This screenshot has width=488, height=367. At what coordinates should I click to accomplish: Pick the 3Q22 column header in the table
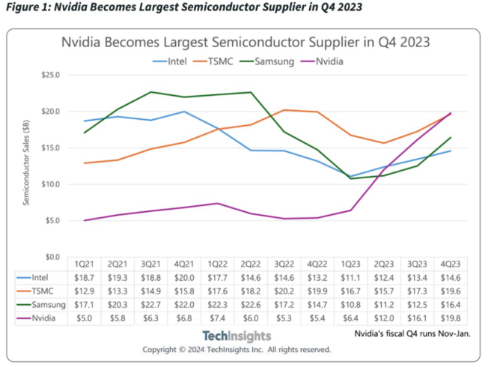(x=285, y=264)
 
